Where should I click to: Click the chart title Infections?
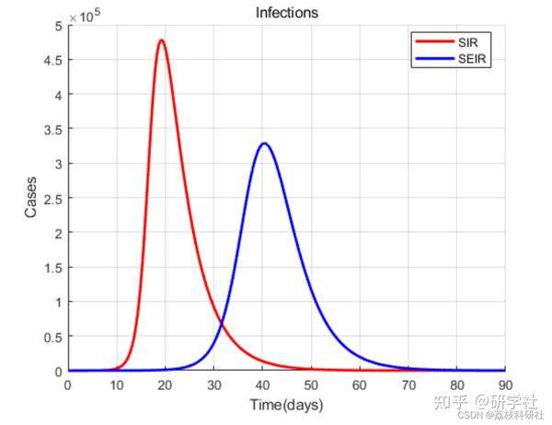tap(287, 12)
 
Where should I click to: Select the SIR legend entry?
tap(469, 43)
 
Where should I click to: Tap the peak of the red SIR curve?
tap(162, 40)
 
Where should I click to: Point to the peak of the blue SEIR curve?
tap(265, 144)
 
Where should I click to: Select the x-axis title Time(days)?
tap(286, 405)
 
